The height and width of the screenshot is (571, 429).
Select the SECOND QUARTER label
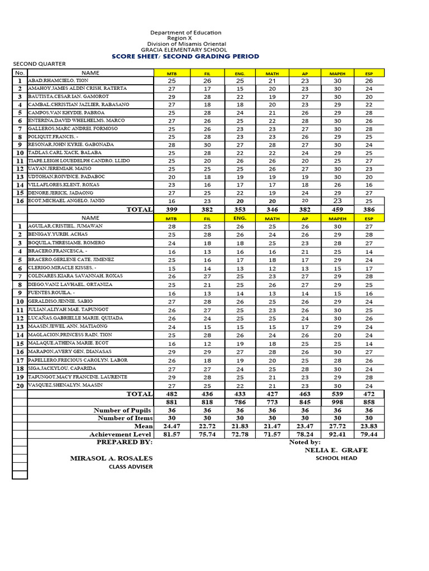click(x=40, y=64)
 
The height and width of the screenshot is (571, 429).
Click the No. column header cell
click(x=20, y=72)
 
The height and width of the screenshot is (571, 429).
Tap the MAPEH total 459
click(x=337, y=209)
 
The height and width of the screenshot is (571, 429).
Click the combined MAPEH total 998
click(x=337, y=402)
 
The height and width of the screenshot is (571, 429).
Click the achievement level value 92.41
click(x=337, y=434)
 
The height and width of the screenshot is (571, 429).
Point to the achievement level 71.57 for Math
click(x=272, y=434)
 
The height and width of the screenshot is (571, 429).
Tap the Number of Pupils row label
click(x=123, y=410)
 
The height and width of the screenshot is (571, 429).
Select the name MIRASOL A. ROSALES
click(x=111, y=458)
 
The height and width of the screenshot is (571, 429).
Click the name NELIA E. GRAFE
click(x=336, y=450)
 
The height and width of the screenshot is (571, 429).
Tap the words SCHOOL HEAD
click(x=336, y=458)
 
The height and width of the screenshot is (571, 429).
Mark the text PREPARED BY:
click(x=124, y=442)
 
